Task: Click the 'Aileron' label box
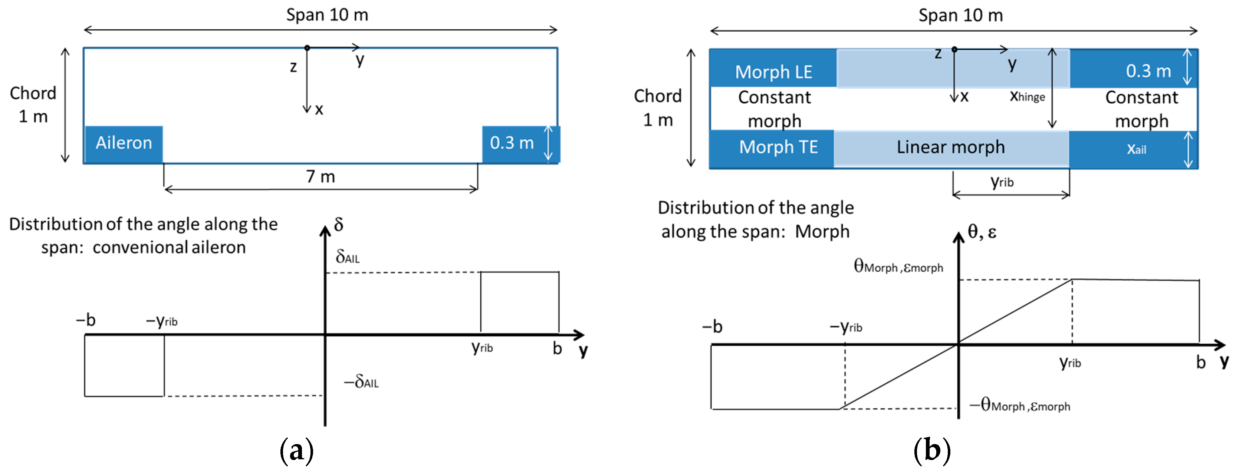click(x=124, y=143)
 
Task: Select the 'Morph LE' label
click(x=773, y=72)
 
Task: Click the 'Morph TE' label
click(x=778, y=147)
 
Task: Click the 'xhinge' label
click(x=1027, y=96)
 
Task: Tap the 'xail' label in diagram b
click(x=1136, y=149)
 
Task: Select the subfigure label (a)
click(x=296, y=450)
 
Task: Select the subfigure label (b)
click(x=932, y=450)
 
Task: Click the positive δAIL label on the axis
click(x=347, y=257)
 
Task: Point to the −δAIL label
click(x=361, y=382)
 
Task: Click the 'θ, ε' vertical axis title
click(x=982, y=232)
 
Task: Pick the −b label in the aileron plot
click(x=86, y=320)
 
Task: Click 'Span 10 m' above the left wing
click(x=327, y=15)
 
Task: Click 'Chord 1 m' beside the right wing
click(x=657, y=108)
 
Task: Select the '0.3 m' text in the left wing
click(x=512, y=143)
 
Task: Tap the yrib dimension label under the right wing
click(x=1002, y=181)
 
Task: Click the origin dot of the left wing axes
click(x=307, y=47)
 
